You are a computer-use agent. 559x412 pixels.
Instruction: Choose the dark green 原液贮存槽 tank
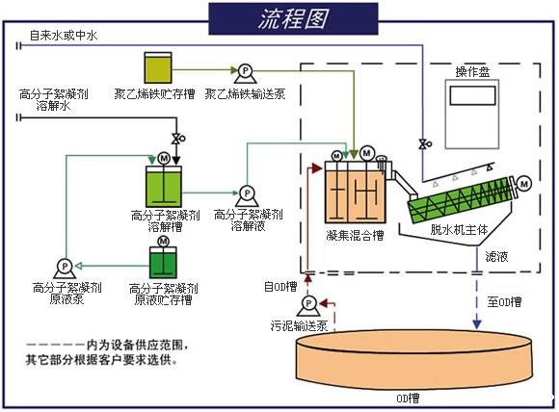tap(163, 263)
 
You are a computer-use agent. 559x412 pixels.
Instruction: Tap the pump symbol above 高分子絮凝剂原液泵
tap(65, 265)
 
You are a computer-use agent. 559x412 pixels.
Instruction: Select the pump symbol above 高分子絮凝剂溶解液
tap(245, 193)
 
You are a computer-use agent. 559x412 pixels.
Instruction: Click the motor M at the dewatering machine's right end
tap(524, 183)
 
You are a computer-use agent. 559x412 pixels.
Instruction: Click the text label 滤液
tap(500, 259)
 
